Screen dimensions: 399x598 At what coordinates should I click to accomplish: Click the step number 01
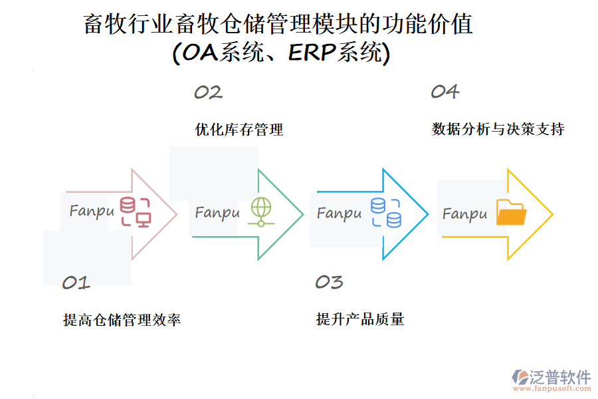coord(76,283)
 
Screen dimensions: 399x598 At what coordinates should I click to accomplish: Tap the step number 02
coord(208,92)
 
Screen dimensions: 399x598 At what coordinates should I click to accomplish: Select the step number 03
coord(329,282)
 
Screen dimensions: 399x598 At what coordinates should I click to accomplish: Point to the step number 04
coord(445,92)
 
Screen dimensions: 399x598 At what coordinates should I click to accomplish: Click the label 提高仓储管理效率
coord(122,320)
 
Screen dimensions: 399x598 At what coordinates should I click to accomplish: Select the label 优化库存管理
coord(239,129)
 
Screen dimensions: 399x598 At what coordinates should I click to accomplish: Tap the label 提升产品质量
coord(360,319)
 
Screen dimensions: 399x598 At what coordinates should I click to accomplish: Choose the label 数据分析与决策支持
coord(498,129)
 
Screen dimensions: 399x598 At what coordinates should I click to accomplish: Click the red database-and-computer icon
coord(136,212)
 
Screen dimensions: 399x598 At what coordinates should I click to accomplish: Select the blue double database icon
coord(386,212)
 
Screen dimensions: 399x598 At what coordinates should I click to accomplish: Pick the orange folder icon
coord(512,213)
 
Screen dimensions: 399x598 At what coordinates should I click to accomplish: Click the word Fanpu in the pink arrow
coord(92,211)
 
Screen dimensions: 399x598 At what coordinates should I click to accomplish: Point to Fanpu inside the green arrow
coord(217,213)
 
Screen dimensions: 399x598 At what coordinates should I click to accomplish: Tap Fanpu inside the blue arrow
coord(340,213)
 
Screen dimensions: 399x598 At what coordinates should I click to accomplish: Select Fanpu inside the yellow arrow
coord(465,214)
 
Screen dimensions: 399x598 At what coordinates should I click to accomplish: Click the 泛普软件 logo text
coord(559,377)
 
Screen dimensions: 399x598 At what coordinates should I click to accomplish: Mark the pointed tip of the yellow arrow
coord(552,214)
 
